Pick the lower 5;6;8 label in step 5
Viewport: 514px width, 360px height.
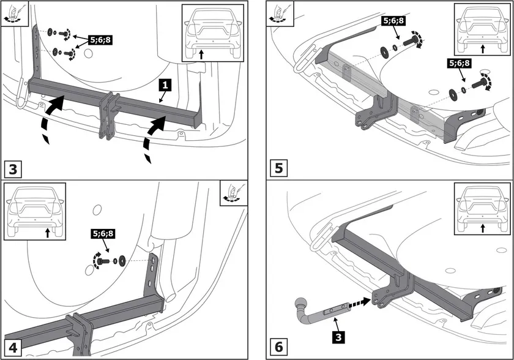point(458,63)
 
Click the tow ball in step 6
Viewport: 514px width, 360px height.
point(300,304)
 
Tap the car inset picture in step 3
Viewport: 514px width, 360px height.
point(212,32)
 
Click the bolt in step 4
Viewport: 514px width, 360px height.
point(101,261)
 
